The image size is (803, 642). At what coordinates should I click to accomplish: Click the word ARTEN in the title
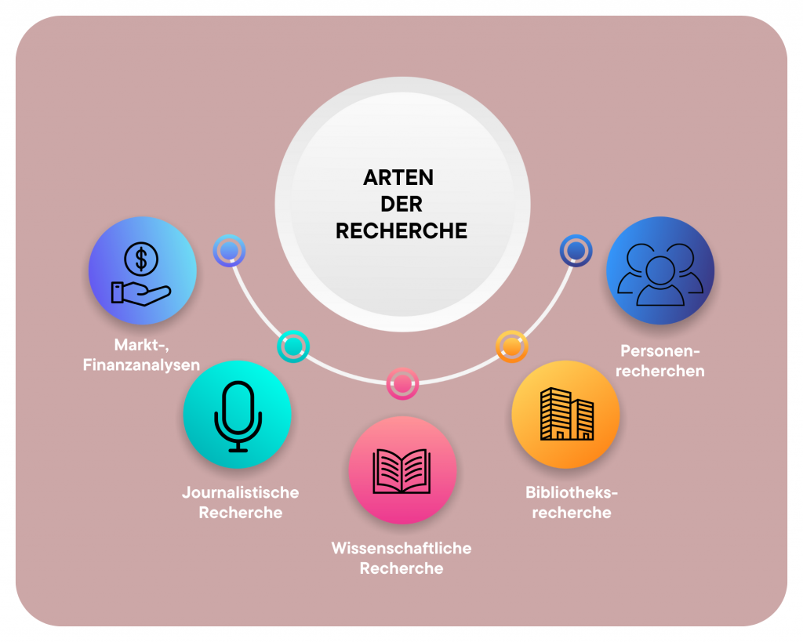point(398,178)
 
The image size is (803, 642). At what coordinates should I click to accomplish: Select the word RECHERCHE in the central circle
point(401,231)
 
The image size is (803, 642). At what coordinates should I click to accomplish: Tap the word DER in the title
point(401,205)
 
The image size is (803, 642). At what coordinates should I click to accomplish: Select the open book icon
point(402,470)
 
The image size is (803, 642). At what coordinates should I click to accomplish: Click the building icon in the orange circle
point(566,413)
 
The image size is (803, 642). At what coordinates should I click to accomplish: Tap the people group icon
point(660,274)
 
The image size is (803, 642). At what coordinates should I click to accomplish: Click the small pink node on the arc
point(402,383)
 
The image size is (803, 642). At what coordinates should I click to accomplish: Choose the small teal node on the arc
point(293,346)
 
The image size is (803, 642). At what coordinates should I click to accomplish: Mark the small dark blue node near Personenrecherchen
point(576,250)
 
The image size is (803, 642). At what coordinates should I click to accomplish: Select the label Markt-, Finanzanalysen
point(142,355)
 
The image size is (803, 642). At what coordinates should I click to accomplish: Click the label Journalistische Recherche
point(241,502)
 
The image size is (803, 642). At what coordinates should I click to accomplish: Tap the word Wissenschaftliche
point(401,547)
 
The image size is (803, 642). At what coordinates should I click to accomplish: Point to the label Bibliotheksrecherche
point(572,502)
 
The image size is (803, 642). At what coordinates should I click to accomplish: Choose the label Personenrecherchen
point(660,361)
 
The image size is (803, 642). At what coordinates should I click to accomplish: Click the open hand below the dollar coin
point(141,292)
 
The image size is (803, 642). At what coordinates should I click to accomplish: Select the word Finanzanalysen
point(142,365)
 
